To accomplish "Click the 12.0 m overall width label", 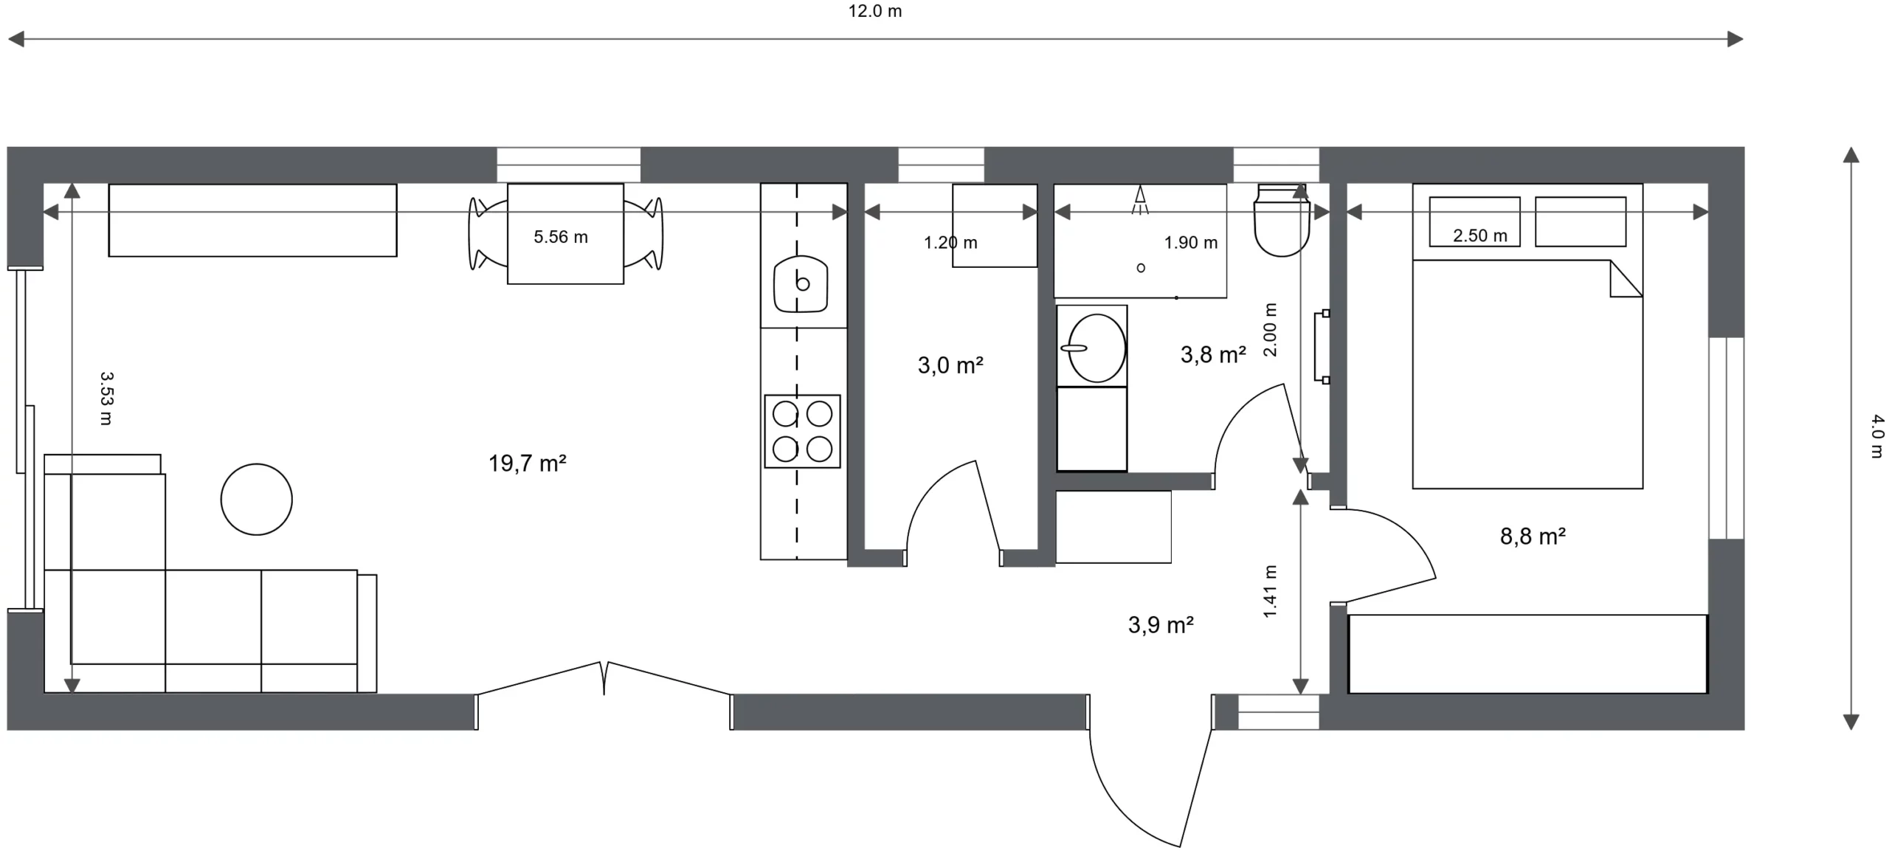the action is [x=874, y=11].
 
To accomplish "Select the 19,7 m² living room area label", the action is [x=527, y=463].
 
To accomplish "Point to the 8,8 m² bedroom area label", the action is [x=1533, y=537].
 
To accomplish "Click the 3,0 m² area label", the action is [x=950, y=365].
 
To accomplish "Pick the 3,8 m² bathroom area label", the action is [x=1213, y=355].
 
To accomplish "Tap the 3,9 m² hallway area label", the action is [x=1161, y=626].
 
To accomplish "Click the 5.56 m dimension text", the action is [x=561, y=237].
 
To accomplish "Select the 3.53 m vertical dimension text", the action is [x=106, y=399].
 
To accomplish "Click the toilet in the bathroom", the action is [x=1282, y=220].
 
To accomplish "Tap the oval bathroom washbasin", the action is [x=1097, y=348].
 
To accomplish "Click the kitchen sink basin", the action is [x=801, y=284].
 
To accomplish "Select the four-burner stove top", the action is [x=802, y=432].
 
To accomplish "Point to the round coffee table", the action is [x=257, y=500].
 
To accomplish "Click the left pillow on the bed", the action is [x=1474, y=221].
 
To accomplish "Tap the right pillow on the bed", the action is [x=1581, y=221].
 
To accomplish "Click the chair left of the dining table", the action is [x=488, y=233].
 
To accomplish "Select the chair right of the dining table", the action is [x=643, y=233].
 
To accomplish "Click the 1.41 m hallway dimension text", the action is [x=1270, y=592].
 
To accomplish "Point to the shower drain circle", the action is [x=1141, y=268].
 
